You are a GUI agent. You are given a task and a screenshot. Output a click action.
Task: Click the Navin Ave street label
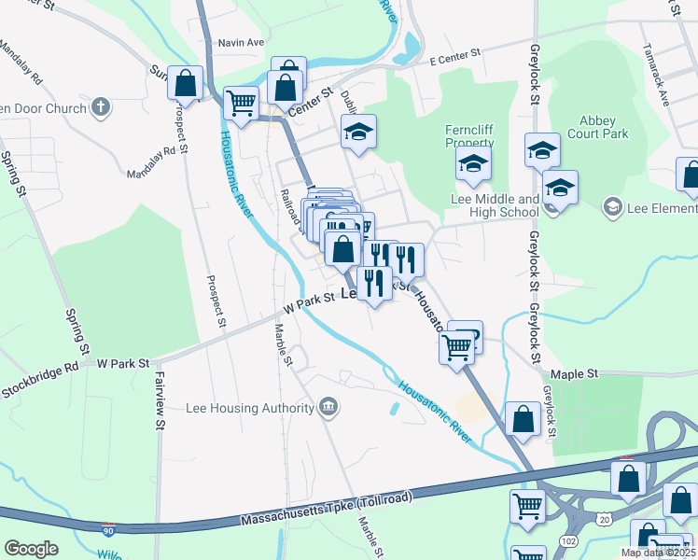pos(242,42)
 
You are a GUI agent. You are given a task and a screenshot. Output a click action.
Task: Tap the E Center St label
pos(454,58)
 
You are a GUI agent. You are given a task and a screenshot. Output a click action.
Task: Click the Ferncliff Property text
pos(468,135)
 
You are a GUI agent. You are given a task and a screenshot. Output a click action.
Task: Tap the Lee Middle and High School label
pos(495,205)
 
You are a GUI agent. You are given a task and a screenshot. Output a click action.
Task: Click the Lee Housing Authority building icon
pos(328,406)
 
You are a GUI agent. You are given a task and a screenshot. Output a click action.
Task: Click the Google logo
pos(31,548)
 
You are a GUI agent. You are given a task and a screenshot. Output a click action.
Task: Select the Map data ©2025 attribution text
pos(658,553)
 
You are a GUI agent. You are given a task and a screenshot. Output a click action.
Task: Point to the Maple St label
pos(574,373)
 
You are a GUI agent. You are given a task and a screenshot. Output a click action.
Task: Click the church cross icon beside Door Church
pos(100,107)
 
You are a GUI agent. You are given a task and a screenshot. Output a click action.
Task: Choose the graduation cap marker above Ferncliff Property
pos(473,165)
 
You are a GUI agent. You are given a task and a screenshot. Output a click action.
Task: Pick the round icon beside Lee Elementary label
pos(612,204)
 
